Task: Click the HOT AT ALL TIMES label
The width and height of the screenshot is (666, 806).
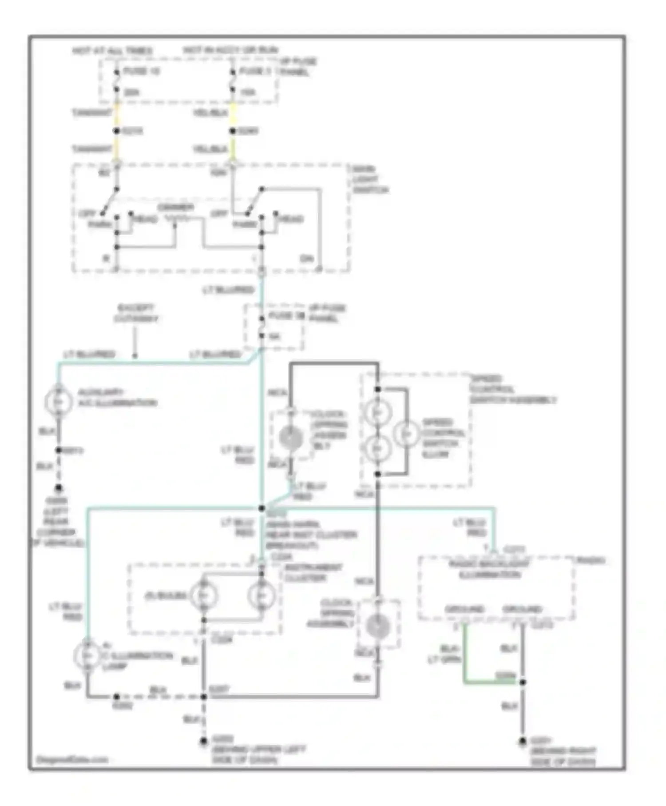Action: pyautogui.click(x=112, y=51)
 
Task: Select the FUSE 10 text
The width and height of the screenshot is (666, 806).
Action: pyautogui.click(x=141, y=71)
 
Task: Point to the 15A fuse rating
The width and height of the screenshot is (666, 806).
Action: pyautogui.click(x=248, y=92)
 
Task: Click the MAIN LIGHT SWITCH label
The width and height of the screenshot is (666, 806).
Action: pyautogui.click(x=369, y=180)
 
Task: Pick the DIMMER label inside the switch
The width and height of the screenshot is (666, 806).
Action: pyautogui.click(x=176, y=207)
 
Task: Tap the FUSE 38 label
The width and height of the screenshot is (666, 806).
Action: pyautogui.click(x=287, y=316)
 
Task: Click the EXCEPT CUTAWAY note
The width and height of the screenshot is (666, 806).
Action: pyautogui.click(x=135, y=313)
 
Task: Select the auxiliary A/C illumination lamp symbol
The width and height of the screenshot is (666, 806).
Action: pyautogui.click(x=59, y=401)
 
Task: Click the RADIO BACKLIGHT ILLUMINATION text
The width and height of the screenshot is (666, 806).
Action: pyautogui.click(x=489, y=570)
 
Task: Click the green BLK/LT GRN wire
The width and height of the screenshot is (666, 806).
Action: pyautogui.click(x=464, y=653)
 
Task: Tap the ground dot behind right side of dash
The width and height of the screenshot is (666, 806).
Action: pyautogui.click(x=523, y=741)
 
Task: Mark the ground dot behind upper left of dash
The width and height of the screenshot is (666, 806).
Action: pyautogui.click(x=203, y=741)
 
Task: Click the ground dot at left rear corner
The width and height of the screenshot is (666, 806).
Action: pyautogui.click(x=58, y=488)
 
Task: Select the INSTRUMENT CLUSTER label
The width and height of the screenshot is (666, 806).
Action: pyautogui.click(x=313, y=573)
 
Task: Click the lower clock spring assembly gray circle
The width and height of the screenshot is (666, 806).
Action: pyautogui.click(x=378, y=626)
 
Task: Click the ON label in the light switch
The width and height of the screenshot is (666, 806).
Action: pyautogui.click(x=306, y=259)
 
